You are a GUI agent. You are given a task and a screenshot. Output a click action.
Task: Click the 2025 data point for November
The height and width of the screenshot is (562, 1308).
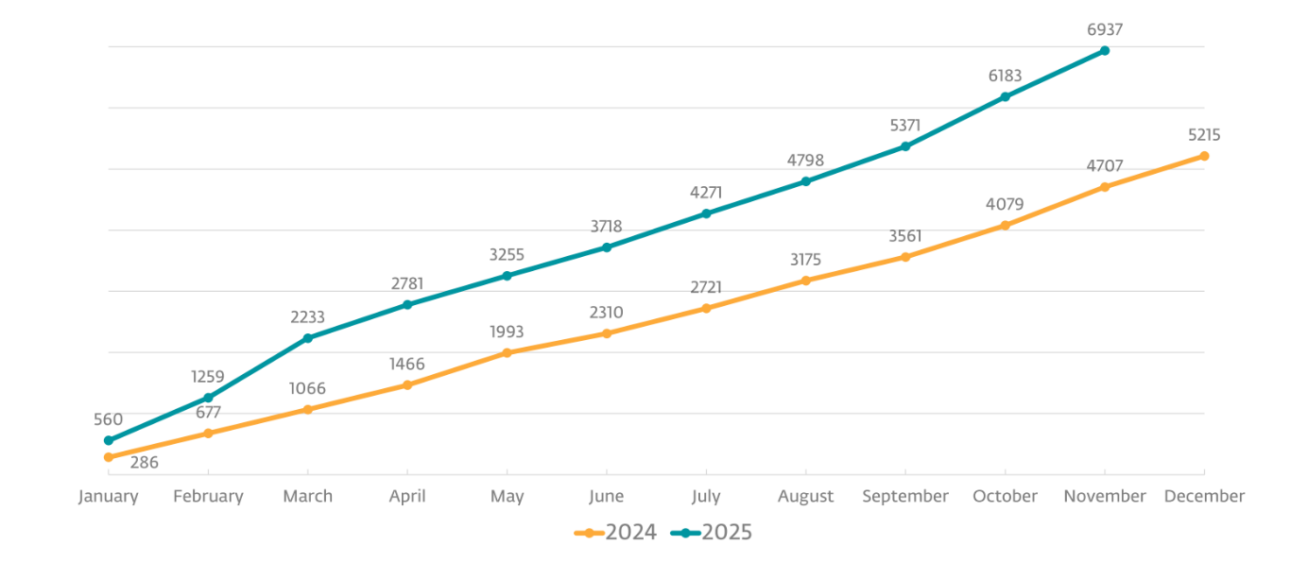[1104, 50]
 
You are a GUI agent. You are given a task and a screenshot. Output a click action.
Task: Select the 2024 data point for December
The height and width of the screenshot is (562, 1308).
[1204, 156]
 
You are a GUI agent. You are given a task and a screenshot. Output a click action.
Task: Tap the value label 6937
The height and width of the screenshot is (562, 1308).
[1104, 29]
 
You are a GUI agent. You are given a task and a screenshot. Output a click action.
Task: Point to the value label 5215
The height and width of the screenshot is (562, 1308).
[1204, 135]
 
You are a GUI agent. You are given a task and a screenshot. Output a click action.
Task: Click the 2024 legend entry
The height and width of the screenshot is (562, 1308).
[616, 533]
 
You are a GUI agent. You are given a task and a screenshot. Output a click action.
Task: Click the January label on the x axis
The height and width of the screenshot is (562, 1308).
[108, 496]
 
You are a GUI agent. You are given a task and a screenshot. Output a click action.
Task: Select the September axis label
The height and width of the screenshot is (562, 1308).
[905, 496]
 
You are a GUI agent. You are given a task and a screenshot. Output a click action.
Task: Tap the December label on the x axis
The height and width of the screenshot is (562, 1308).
[1204, 496]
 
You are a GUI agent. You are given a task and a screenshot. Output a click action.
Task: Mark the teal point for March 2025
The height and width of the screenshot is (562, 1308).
[307, 338]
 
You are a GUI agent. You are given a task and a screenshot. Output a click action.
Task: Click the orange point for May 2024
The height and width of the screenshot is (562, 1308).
[507, 353]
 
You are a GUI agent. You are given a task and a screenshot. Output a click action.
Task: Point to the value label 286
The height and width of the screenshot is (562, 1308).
[144, 463]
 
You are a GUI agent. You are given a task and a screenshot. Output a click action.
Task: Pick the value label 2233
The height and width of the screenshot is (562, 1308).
[307, 317]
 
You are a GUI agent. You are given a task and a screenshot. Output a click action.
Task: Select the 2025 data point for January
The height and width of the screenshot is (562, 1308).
[108, 440]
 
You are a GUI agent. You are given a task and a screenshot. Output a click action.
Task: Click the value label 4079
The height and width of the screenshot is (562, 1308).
[1005, 204]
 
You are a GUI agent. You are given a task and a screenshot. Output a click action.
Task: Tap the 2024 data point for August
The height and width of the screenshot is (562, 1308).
[805, 281]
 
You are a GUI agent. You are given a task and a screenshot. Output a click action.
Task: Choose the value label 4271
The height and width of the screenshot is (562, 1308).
[706, 193]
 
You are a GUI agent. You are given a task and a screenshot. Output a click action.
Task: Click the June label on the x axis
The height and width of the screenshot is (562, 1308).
[606, 496]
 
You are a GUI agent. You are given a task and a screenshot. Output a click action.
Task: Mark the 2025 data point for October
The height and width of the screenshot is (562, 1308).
[1005, 96]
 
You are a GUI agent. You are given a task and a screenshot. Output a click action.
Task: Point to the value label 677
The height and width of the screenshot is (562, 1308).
[208, 412]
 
